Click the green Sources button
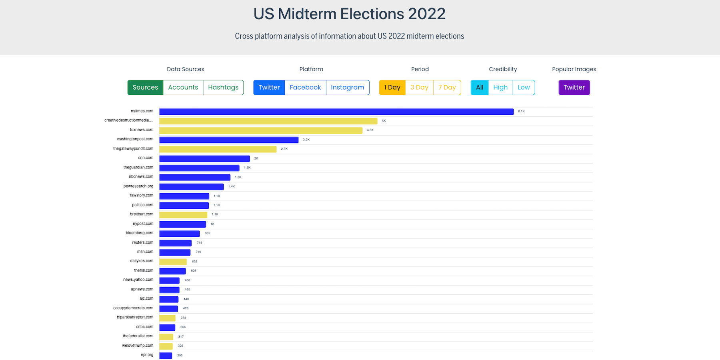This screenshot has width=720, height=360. click(x=145, y=87)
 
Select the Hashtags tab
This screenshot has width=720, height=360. click(x=223, y=87)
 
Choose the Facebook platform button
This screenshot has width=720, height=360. click(x=305, y=87)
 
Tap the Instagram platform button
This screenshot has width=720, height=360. click(x=347, y=87)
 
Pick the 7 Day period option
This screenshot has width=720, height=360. click(x=447, y=87)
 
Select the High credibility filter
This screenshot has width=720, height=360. click(x=500, y=87)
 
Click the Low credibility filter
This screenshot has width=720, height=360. click(x=524, y=87)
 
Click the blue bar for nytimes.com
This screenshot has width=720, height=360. click(x=336, y=112)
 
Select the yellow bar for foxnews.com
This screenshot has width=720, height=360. click(x=261, y=130)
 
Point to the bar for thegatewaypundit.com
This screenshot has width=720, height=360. click(x=218, y=149)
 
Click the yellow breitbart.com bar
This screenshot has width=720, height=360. click(x=183, y=215)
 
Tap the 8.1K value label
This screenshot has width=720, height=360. click(x=521, y=111)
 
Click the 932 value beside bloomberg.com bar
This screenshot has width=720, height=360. click(x=208, y=233)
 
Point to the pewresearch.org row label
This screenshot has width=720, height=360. click(x=138, y=186)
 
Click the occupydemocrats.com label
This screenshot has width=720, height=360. click(x=133, y=308)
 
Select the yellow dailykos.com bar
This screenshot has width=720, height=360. click(x=173, y=262)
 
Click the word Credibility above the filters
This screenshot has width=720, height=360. click(x=503, y=69)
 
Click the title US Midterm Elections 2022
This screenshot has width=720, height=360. click(x=349, y=14)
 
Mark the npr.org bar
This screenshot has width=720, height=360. click(x=166, y=356)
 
